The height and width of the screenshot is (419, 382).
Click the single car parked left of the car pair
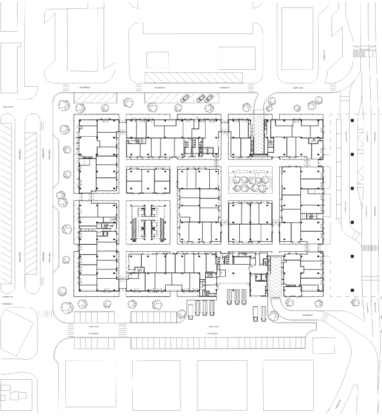tap(185, 99)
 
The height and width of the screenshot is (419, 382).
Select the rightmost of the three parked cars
tap(209, 98)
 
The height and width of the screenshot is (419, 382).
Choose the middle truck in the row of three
tap(237, 296)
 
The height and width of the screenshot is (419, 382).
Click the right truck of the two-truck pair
tap(263, 313)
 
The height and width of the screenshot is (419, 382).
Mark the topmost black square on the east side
tap(351, 121)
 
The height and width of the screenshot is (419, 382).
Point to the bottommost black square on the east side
tap(351, 290)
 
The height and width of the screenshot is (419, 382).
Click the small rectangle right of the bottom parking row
tap(323, 345)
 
